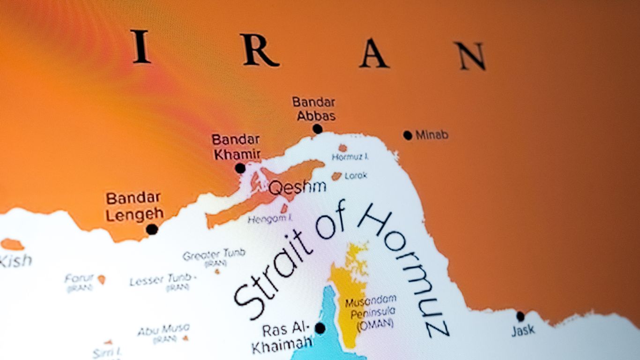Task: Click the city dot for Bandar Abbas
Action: [318, 129]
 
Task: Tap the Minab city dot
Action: [408, 135]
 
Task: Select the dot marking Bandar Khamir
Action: [240, 168]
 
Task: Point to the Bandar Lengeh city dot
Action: [152, 229]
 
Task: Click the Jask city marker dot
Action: [520, 316]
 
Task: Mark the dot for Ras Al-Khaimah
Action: [320, 328]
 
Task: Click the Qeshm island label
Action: [298, 187]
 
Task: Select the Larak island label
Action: [356, 176]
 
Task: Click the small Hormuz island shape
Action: [343, 148]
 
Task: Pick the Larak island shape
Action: [336, 176]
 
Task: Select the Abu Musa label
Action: [164, 329]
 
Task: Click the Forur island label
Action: [79, 279]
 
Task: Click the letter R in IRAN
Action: [260, 50]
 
